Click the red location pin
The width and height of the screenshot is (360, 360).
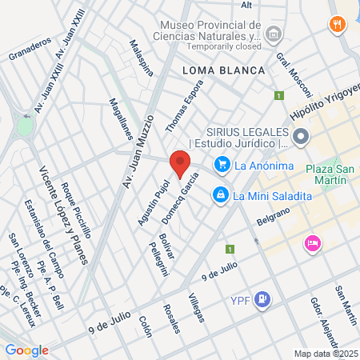tap(179, 163)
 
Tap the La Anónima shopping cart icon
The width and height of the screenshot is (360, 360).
tap(222, 166)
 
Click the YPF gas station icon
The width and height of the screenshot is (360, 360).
tap(263, 300)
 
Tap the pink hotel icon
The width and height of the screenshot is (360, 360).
tap(311, 243)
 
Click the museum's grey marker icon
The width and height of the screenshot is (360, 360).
tap(274, 34)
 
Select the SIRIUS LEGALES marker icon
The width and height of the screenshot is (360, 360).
tap(301, 138)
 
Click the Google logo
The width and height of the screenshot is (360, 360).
tap(26, 350)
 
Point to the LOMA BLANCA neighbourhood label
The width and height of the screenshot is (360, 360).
tap(223, 70)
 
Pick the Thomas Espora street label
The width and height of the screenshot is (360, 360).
tap(179, 109)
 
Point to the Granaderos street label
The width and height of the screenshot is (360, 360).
tap(30, 48)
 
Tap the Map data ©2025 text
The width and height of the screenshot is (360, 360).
tap(325, 354)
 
